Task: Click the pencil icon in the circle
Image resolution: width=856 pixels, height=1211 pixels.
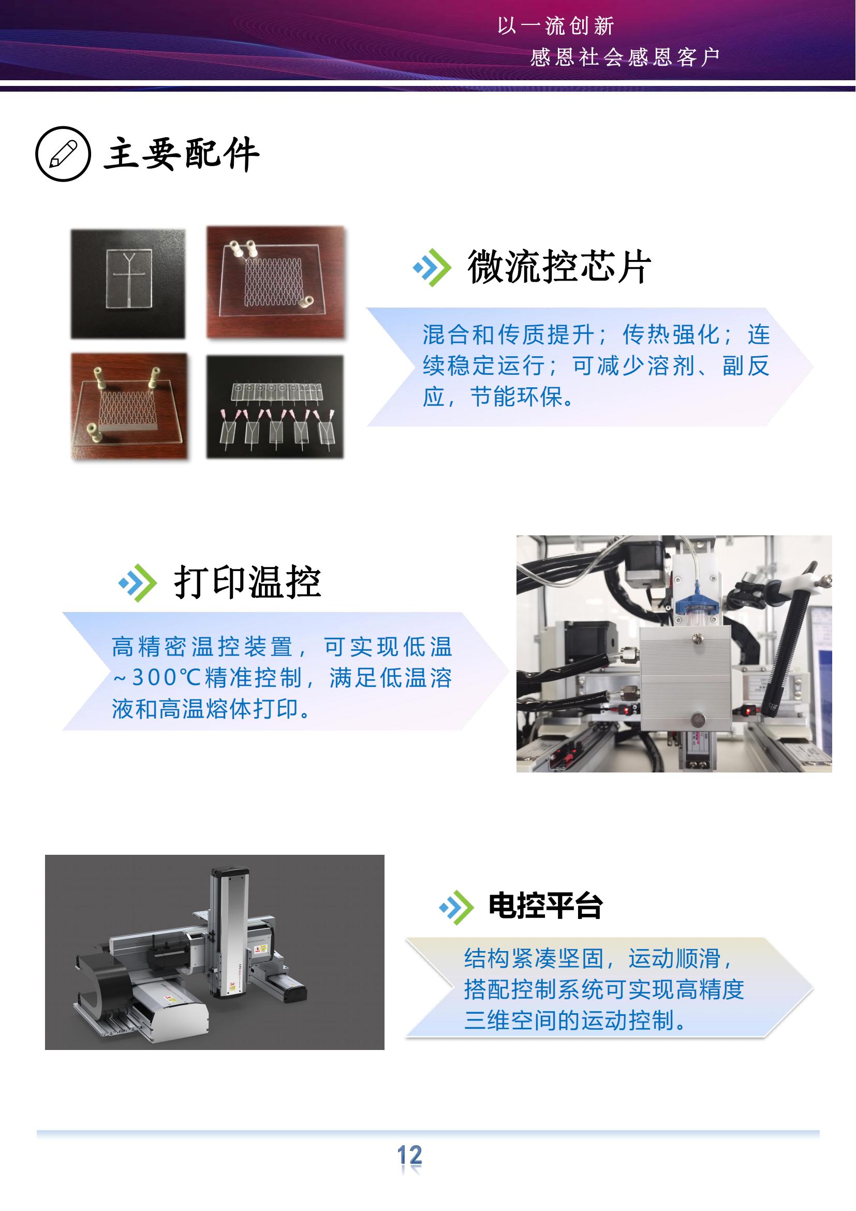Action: tap(63, 154)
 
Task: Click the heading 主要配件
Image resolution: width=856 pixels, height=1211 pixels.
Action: tap(181, 154)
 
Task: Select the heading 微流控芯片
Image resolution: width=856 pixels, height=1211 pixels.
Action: tap(559, 267)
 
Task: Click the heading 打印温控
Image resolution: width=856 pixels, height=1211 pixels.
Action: tap(248, 582)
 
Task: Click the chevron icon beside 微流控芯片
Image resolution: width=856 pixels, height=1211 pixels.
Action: tap(432, 267)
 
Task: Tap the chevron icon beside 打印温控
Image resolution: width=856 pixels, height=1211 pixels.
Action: tap(138, 583)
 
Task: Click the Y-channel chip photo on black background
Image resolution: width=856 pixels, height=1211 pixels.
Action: tap(128, 284)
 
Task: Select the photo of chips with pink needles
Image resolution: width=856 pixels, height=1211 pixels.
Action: tap(275, 406)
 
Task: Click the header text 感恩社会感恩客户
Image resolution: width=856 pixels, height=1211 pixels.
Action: tap(625, 57)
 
